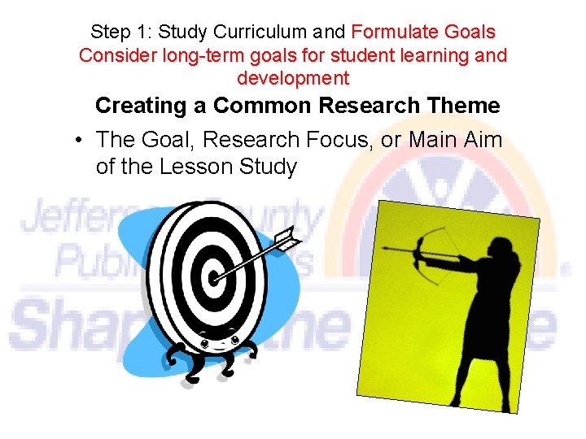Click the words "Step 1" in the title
(120, 33)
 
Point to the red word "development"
(293, 79)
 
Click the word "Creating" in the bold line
(151, 106)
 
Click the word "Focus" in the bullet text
(341, 140)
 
